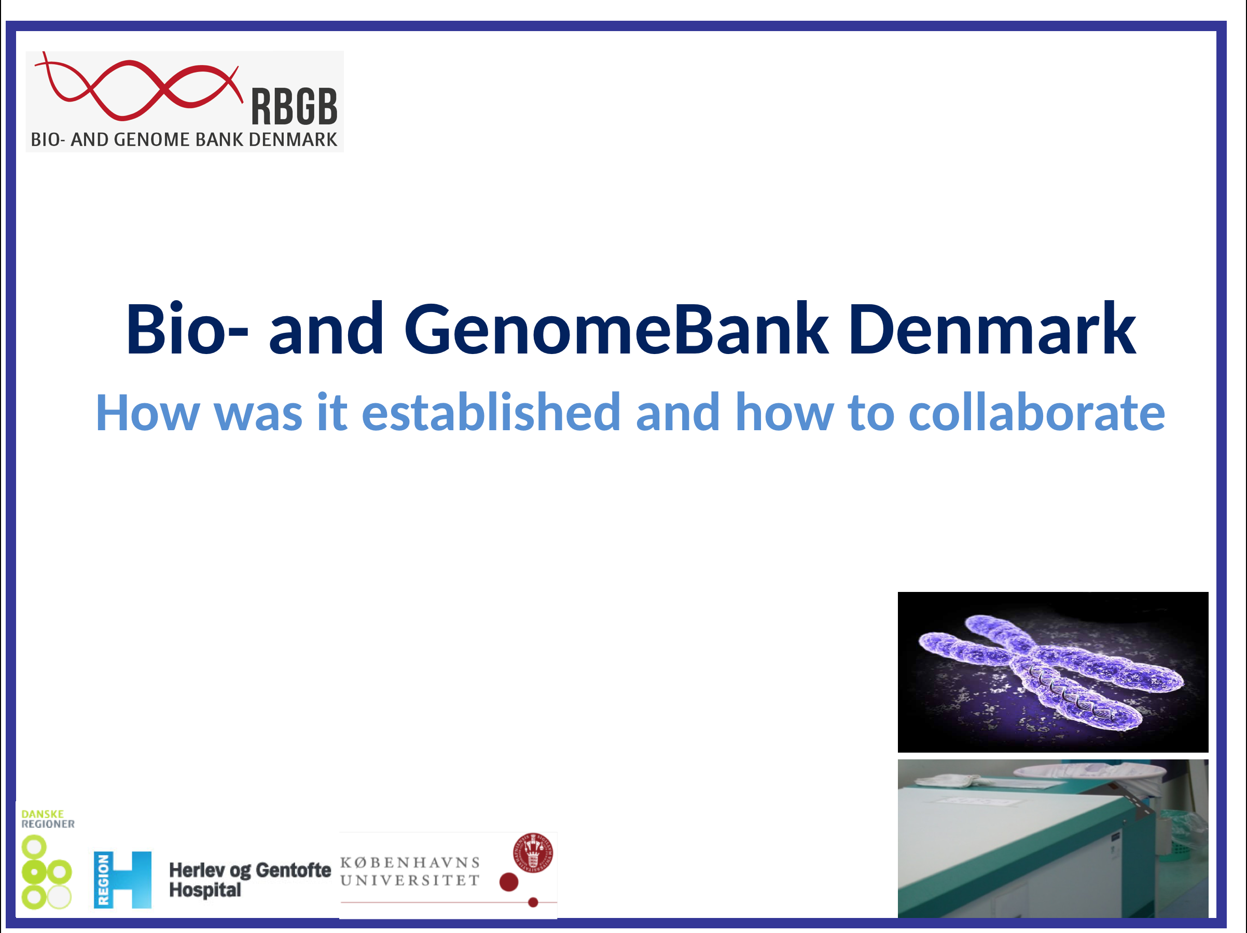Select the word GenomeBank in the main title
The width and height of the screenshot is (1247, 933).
(x=616, y=329)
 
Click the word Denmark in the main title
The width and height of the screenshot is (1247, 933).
(x=992, y=329)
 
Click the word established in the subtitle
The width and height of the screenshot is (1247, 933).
(x=491, y=412)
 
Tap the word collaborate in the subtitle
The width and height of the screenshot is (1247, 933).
(x=1037, y=412)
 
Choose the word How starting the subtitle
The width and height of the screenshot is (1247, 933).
(x=148, y=413)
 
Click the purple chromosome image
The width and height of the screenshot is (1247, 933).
(x=1053, y=672)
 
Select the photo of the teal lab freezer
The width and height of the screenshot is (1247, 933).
(x=1053, y=839)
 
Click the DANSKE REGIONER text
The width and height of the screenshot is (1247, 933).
(x=48, y=819)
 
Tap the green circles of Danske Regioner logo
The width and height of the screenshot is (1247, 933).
(x=46, y=872)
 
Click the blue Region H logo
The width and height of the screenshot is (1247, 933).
(x=122, y=880)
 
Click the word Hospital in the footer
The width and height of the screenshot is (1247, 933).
(x=205, y=890)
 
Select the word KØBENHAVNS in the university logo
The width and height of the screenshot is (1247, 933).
(x=410, y=863)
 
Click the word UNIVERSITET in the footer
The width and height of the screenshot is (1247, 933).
(x=410, y=880)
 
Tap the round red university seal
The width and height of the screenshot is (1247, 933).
(x=533, y=853)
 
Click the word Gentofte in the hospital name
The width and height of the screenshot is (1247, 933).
(x=293, y=870)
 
